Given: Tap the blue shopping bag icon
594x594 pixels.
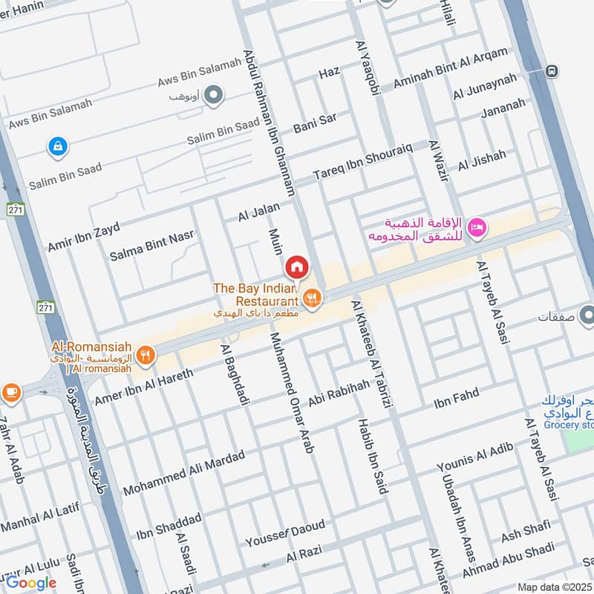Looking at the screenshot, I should click(56, 147).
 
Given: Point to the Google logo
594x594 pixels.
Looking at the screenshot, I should click(31, 582).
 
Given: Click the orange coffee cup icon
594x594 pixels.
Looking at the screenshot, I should click(10, 391).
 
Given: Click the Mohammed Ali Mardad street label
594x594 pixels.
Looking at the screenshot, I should click(183, 474).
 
